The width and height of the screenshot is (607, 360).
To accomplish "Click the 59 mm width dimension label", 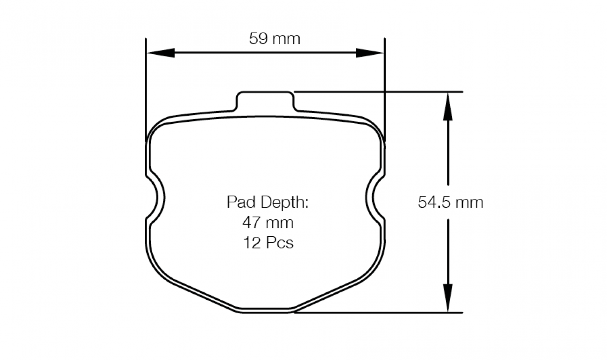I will coord(275,38).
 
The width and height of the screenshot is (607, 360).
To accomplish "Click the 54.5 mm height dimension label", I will coord(451,202).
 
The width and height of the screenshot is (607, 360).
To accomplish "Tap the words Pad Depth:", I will coord(268,202).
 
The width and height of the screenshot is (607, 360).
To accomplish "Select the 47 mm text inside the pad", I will coord(268,223).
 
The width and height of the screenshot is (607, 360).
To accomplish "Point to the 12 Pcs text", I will coord(268,243).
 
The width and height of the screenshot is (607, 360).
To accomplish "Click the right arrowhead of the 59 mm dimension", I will coord(370,53).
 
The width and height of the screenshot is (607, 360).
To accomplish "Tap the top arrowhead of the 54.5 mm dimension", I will coord(448,105).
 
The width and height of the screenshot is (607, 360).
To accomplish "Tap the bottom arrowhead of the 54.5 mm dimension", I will coord(448,298).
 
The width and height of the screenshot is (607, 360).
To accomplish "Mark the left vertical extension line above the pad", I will coord(146,84).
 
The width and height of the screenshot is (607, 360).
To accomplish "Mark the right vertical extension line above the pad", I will coord(384,84).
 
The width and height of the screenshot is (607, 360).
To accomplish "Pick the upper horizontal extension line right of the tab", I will coord(374,92).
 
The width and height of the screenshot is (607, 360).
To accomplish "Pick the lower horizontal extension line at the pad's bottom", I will coord(374,312).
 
